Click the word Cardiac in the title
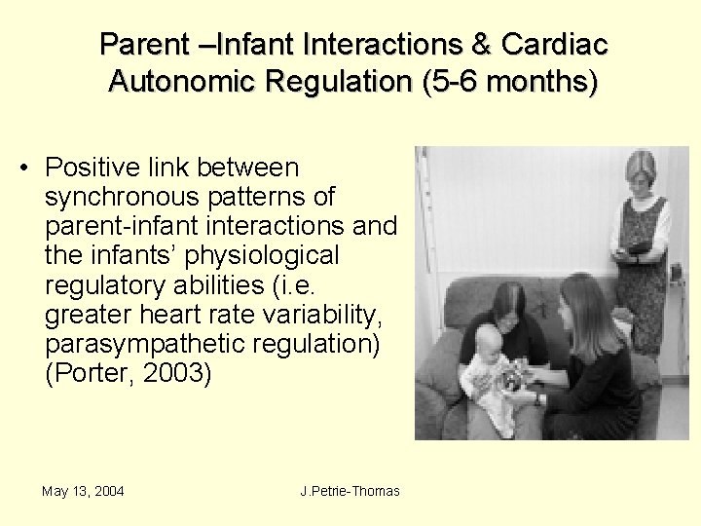pos(554,44)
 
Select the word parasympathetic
pos(140,344)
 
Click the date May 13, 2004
pos(83,491)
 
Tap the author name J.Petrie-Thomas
pos(350,491)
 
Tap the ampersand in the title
pos(486,44)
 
